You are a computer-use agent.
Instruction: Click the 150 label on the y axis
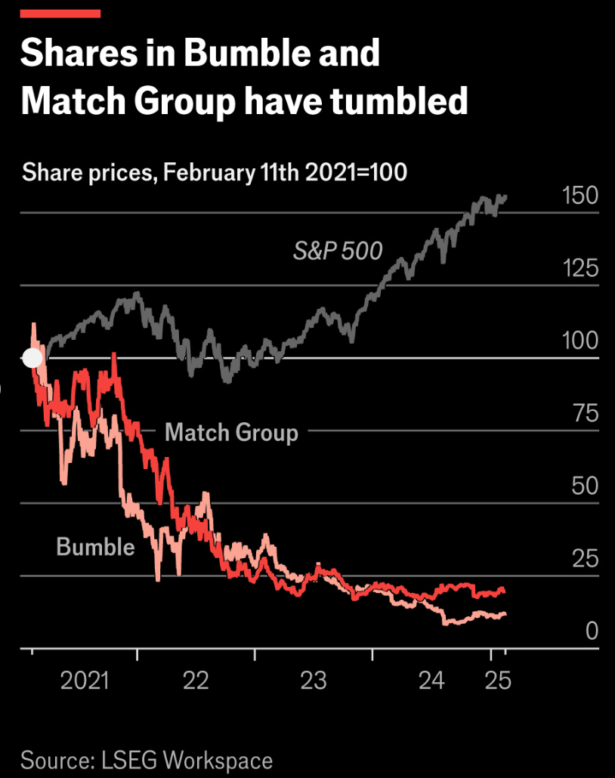pos(579,196)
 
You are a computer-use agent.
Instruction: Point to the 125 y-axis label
pos(580,268)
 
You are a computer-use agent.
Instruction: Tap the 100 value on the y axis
pos(579,341)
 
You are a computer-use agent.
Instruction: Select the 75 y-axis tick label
pos(586,413)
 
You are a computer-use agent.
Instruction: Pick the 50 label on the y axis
pos(585,486)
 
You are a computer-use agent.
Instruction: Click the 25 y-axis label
pos(586,559)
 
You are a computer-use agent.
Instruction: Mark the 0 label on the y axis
pos(592,631)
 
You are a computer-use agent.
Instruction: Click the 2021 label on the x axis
pos(85,681)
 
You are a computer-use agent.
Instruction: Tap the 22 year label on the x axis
pos(196,681)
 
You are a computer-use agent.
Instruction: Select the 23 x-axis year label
pos(314,681)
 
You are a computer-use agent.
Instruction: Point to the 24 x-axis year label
pos(431,681)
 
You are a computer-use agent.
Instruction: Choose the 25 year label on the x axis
pos(498,681)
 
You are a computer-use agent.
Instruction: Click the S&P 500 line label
pos(338,251)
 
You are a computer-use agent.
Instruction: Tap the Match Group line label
pos(231,432)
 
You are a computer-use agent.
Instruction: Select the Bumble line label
pos(95,547)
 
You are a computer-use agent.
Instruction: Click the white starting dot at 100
pos(32,358)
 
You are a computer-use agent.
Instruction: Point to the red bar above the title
pos(60,14)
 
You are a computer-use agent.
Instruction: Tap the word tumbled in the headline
pos(399,100)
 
